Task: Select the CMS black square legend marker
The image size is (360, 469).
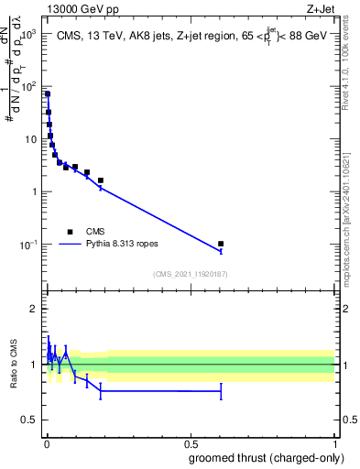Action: tap(70, 232)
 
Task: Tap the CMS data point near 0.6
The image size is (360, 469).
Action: tap(221, 244)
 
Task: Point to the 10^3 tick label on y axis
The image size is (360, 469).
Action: tap(27, 34)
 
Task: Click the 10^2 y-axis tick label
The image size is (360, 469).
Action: tap(27, 87)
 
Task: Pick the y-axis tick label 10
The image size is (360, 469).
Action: tap(30, 139)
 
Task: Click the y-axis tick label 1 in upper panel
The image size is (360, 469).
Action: tap(33, 191)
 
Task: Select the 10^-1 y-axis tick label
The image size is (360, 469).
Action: tap(27, 245)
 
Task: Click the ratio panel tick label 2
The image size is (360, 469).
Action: tap(33, 309)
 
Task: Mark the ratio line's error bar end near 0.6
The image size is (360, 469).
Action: tap(221, 391)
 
